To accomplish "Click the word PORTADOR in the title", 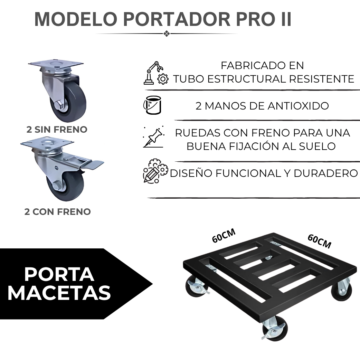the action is pos(177,19).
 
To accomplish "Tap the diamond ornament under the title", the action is pos(167,34).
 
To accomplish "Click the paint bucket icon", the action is pos(152,105).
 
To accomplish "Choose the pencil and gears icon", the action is pos(155,171).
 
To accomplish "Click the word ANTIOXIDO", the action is pos(298,106).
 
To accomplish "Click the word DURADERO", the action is pos(325,173).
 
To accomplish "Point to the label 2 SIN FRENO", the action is pos(57,130).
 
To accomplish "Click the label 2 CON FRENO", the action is pos(58,212).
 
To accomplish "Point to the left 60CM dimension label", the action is pos(224,235).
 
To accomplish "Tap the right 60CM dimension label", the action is pos(319,241).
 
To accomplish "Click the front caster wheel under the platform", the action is pos(275,328).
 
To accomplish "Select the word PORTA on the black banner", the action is pos(59,274).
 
